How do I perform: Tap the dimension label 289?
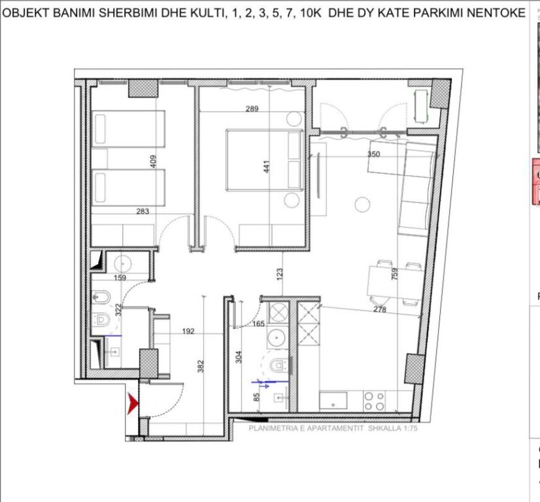coord(252,109)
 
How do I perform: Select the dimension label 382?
coord(201,363)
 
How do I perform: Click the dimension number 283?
coord(143,211)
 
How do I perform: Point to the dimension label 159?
coord(120,277)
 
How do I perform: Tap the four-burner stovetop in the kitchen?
coord(374,401)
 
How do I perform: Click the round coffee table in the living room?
coord(362,205)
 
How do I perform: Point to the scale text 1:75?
coord(405,429)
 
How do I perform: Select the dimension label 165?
coord(259,323)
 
